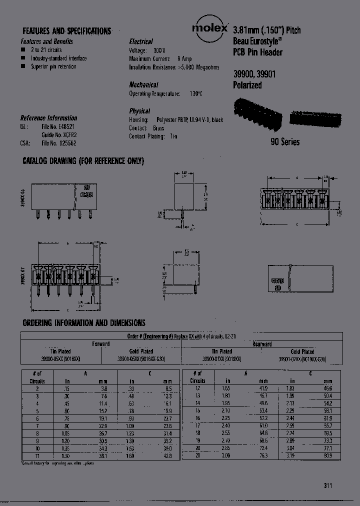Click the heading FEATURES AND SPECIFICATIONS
pyautogui.click(x=67, y=31)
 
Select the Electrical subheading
pyautogui.click(x=141, y=41)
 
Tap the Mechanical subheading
pyautogui.click(x=143, y=85)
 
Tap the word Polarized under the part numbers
pyautogui.click(x=247, y=85)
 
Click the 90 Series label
pyautogui.click(x=285, y=142)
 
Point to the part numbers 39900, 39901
pyautogui.click(x=254, y=73)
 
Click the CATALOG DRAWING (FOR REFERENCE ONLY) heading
pyautogui.click(x=83, y=161)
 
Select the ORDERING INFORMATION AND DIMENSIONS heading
pyautogui.click(x=83, y=323)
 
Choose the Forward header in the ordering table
pyautogui.click(x=101, y=344)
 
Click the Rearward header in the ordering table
pyautogui.click(x=262, y=344)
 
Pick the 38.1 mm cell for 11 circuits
pyautogui.click(x=102, y=456)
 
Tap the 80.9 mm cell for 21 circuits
pyautogui.click(x=327, y=456)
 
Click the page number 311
pyautogui.click(x=327, y=485)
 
